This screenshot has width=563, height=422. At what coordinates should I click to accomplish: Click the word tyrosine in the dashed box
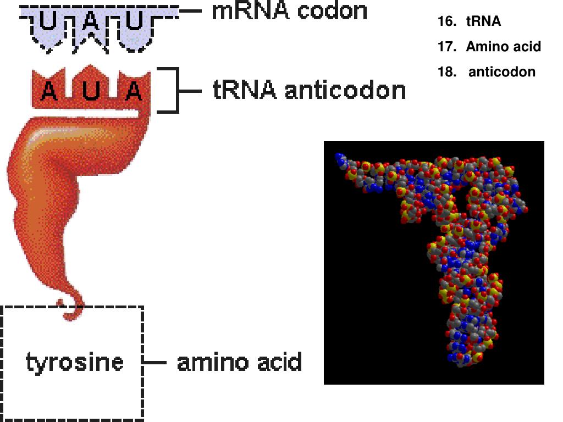(x=75, y=363)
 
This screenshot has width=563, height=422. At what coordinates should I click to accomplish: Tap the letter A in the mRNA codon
(x=92, y=23)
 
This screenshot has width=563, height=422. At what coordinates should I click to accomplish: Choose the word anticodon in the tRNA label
(x=345, y=91)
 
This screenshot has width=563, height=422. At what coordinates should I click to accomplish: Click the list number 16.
(x=447, y=21)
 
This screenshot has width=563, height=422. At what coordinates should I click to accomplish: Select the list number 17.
(x=447, y=47)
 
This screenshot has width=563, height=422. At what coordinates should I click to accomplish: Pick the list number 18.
(x=447, y=72)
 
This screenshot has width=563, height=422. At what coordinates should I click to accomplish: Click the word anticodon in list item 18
(x=501, y=72)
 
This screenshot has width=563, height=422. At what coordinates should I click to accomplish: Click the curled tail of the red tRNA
(x=74, y=311)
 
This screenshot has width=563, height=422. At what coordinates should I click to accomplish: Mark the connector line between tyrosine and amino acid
(x=155, y=363)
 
